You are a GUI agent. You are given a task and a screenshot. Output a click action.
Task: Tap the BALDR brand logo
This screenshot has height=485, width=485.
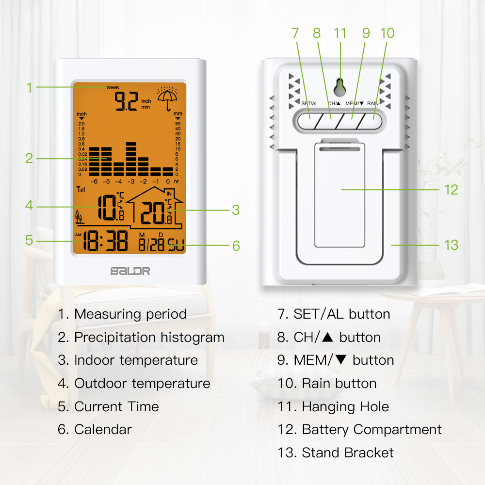point(129,271)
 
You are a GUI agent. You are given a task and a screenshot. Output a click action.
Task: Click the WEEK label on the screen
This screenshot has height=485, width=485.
point(113,87)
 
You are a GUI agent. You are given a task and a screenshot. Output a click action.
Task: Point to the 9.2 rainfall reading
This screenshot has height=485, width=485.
point(126,102)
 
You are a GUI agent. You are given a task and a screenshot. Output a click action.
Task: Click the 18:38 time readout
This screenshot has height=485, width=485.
point(105,241)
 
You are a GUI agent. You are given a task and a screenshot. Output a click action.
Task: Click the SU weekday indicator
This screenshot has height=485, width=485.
point(176,246)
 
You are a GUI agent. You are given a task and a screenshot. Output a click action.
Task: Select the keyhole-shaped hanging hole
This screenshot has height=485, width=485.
point(340,86)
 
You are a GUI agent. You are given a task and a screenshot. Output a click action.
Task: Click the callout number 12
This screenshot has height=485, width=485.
point(451,190)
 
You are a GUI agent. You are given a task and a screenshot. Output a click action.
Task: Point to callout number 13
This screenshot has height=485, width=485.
point(451,245)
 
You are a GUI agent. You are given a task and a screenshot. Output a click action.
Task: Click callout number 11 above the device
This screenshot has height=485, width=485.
point(340,33)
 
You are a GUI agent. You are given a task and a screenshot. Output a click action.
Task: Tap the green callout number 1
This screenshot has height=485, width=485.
point(29,88)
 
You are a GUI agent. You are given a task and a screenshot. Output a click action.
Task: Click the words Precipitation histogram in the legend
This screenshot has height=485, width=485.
point(149,337)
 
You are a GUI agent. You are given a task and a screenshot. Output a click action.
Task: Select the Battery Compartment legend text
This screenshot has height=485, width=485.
point(372,429)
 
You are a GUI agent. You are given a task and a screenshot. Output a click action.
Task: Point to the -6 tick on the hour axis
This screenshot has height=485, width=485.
point(95,181)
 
